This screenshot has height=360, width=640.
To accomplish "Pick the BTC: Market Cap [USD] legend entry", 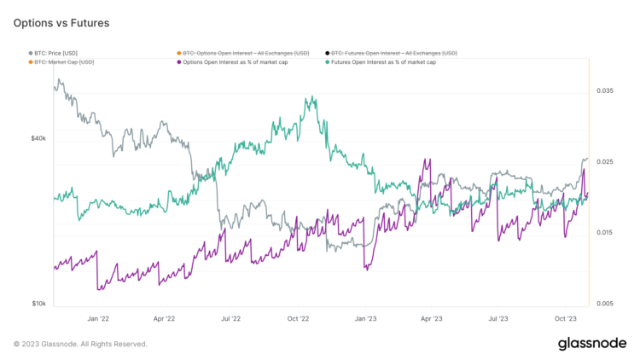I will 63,61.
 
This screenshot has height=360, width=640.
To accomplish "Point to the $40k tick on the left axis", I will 38,137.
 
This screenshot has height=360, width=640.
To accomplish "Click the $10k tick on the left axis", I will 38,304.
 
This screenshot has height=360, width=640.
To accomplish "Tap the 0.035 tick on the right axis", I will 604,90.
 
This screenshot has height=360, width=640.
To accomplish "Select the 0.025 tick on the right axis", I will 604,161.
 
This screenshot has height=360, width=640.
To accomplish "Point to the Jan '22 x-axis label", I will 98,318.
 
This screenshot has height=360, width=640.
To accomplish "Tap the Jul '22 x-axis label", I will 231,318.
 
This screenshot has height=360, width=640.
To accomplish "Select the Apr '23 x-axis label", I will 432,318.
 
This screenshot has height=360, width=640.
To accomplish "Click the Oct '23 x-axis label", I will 566,318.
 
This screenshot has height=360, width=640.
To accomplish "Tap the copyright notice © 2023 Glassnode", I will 80,344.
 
